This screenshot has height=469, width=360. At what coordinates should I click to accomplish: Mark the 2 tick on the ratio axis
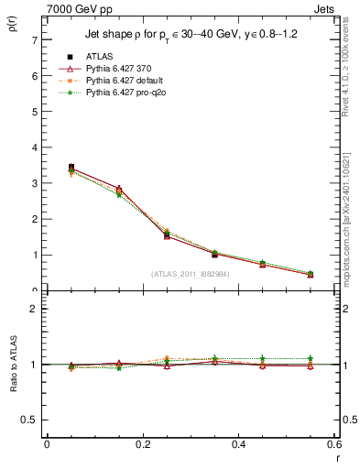(34, 309)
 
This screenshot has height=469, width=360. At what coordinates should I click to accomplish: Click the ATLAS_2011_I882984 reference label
(190, 274)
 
